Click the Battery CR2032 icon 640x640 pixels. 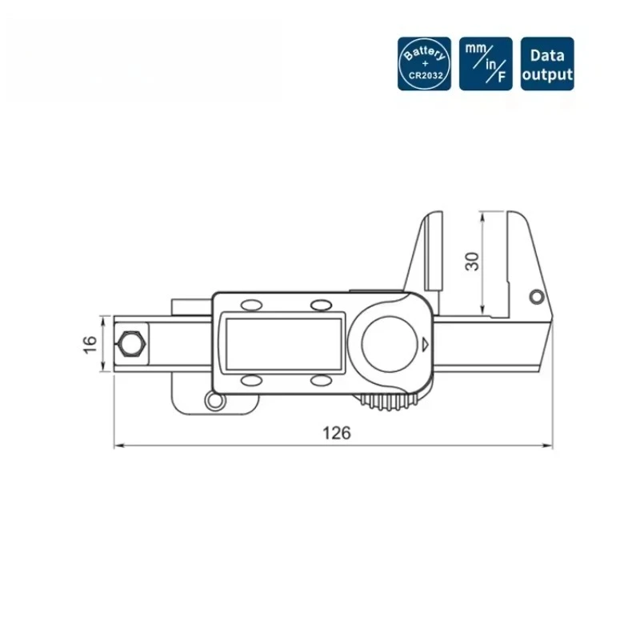(x=425, y=63)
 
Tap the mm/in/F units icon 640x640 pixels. (x=486, y=63)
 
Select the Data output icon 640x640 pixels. (x=547, y=63)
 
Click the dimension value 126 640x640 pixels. (x=337, y=433)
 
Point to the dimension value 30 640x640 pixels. (x=473, y=261)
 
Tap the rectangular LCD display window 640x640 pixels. (x=285, y=342)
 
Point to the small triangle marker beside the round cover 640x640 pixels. (x=425, y=345)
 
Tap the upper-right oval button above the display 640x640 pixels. (x=322, y=305)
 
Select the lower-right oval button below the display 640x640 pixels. (x=322, y=381)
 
